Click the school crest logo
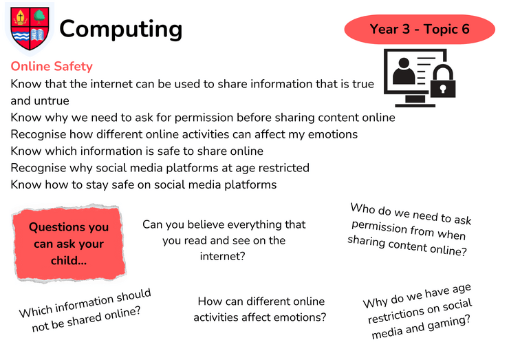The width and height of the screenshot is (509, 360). point(30,28)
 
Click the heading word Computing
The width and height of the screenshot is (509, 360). point(121,30)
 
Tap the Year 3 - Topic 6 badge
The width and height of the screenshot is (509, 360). point(420,29)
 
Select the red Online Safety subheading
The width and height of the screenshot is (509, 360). point(52,66)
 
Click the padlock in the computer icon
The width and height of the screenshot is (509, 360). point(443,81)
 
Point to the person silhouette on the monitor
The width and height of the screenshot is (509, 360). point(404,71)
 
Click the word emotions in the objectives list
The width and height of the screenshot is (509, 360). point(333,134)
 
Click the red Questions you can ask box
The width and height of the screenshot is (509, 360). point(69,243)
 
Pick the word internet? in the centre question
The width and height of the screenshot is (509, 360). point(222,256)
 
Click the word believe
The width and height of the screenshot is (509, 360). point(209,224)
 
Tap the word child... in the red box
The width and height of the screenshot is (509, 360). point(69,261)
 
